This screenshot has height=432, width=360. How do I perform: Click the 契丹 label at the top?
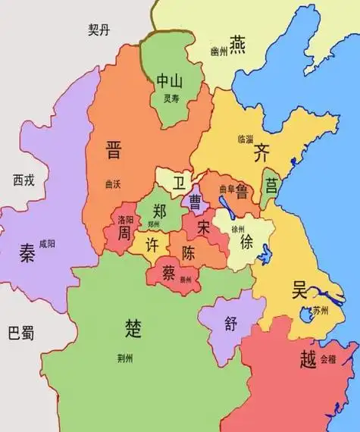[x=99, y=30]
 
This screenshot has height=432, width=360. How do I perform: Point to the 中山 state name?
[x=170, y=81]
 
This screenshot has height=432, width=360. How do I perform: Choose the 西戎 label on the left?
[x=23, y=180]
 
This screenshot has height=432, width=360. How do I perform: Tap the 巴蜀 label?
[x=21, y=332]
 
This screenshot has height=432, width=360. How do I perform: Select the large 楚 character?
[x=133, y=328]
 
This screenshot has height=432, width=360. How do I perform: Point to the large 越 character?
[x=307, y=358]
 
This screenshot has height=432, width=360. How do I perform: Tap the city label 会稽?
[x=327, y=356]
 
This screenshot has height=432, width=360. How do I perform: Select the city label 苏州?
[x=321, y=310]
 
